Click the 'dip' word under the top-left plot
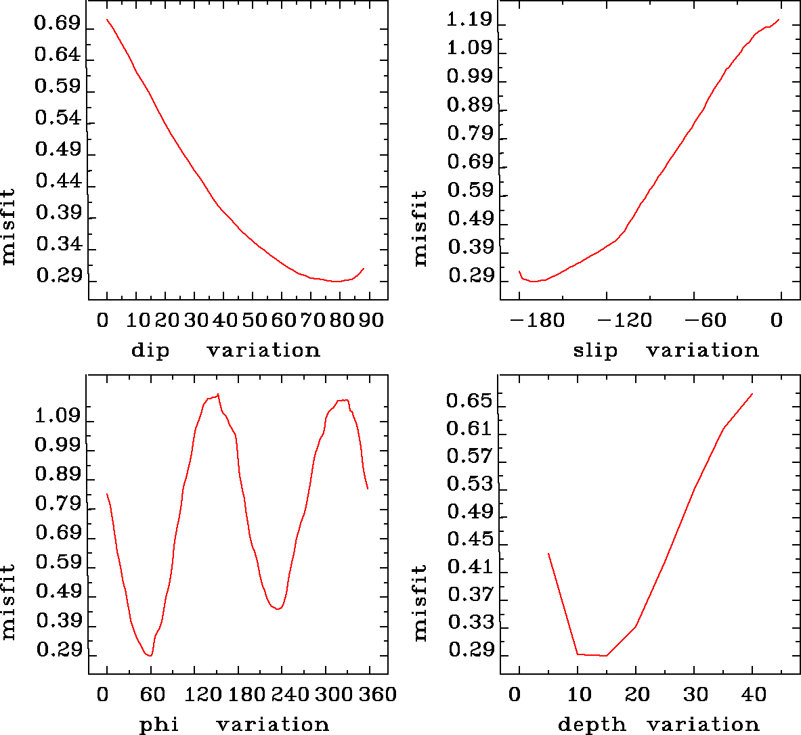point(150,351)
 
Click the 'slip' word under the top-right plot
point(595,351)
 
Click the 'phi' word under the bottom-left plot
point(159,725)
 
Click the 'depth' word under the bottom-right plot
point(592,725)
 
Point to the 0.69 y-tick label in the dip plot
point(58,24)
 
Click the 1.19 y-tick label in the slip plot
point(469,19)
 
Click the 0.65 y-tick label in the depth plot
point(469,401)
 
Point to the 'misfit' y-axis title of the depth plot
point(420,602)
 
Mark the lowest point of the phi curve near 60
point(150,655)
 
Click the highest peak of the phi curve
point(218,394)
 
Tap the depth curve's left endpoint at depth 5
point(548,554)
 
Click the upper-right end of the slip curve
point(779,20)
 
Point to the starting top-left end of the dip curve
point(107,20)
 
